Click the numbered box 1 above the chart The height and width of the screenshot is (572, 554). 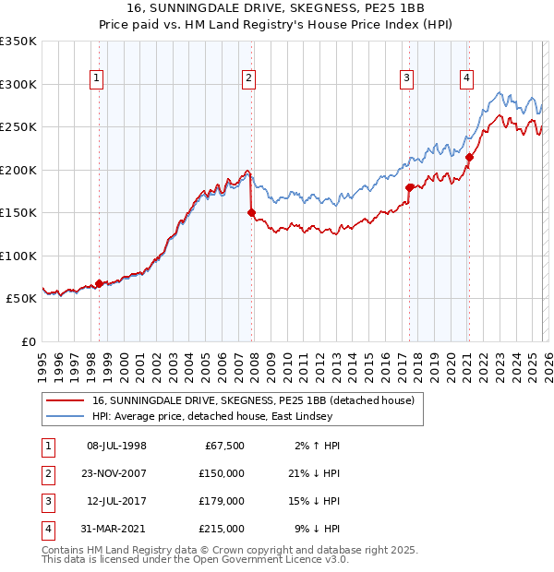click(97, 79)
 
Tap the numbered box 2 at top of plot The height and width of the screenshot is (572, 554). click(249, 79)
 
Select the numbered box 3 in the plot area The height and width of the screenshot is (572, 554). click(406, 79)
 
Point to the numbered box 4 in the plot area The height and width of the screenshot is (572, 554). click(467, 79)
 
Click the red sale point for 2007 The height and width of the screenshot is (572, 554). click(251, 212)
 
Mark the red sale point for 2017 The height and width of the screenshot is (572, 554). click(409, 187)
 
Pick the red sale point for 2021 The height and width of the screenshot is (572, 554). click(469, 157)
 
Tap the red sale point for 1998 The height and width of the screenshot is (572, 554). click(99, 283)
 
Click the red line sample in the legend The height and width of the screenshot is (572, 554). click(65, 400)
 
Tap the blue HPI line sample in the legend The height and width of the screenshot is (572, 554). click(65, 416)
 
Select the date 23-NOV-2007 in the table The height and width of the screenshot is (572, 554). click(116, 473)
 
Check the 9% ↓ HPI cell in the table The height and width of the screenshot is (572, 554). click(319, 529)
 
